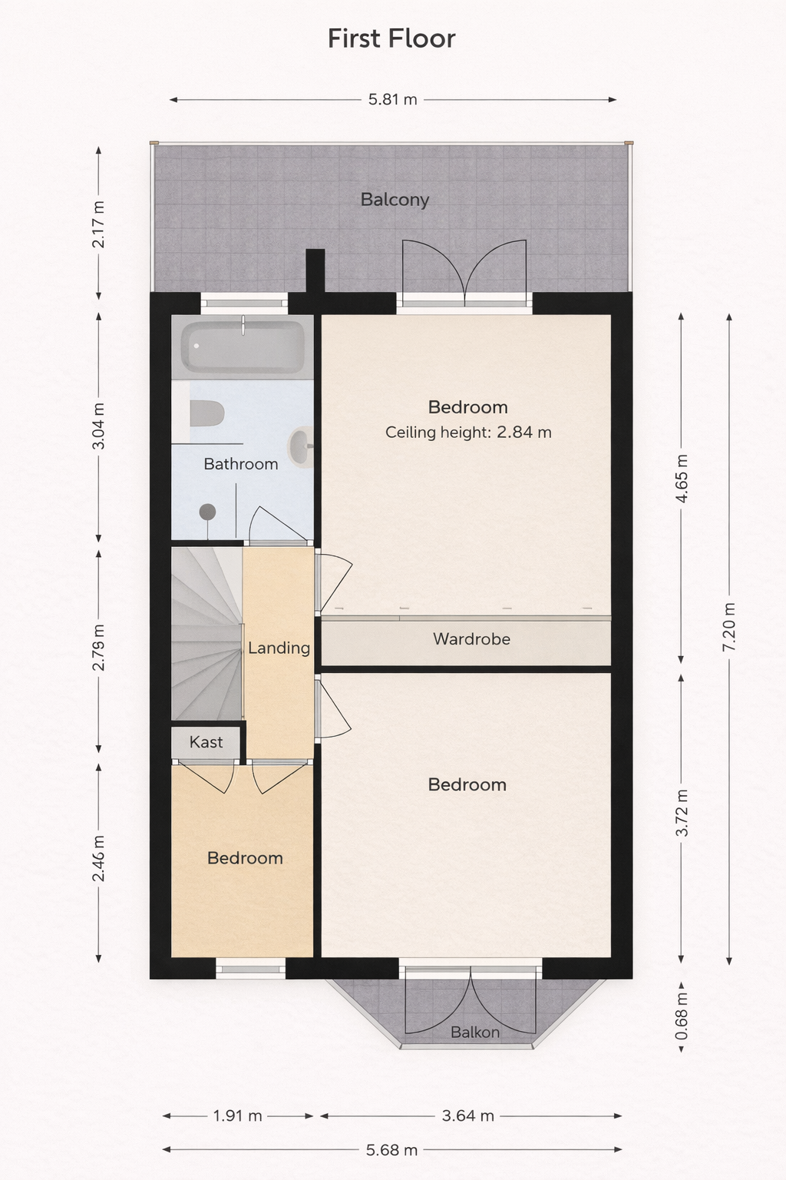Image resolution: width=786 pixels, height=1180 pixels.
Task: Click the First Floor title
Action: click(391, 38)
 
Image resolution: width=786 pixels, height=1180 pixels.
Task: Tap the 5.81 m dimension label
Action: click(393, 99)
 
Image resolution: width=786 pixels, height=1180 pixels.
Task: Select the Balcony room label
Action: click(395, 200)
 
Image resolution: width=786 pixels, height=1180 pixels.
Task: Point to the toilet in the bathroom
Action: click(206, 413)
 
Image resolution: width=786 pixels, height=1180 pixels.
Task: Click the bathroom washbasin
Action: click(301, 446)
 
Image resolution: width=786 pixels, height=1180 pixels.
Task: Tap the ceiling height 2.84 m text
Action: click(468, 433)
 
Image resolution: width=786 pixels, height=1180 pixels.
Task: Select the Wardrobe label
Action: click(472, 639)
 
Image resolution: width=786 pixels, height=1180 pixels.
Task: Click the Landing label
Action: click(279, 648)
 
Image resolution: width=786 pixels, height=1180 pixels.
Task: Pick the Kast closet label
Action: click(206, 742)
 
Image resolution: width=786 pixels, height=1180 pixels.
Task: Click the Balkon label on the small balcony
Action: click(475, 1032)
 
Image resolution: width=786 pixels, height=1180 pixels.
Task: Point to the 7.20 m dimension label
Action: click(729, 626)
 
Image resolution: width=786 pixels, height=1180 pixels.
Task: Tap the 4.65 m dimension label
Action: click(682, 479)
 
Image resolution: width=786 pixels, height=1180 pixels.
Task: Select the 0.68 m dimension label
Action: click(682, 1016)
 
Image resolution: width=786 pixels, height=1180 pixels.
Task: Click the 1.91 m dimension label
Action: click(237, 1115)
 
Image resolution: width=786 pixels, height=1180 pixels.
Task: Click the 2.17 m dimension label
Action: click(98, 224)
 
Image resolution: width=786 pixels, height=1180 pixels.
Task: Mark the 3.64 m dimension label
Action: click(468, 1115)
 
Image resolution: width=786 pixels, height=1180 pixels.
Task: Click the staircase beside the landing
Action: click(206, 634)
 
